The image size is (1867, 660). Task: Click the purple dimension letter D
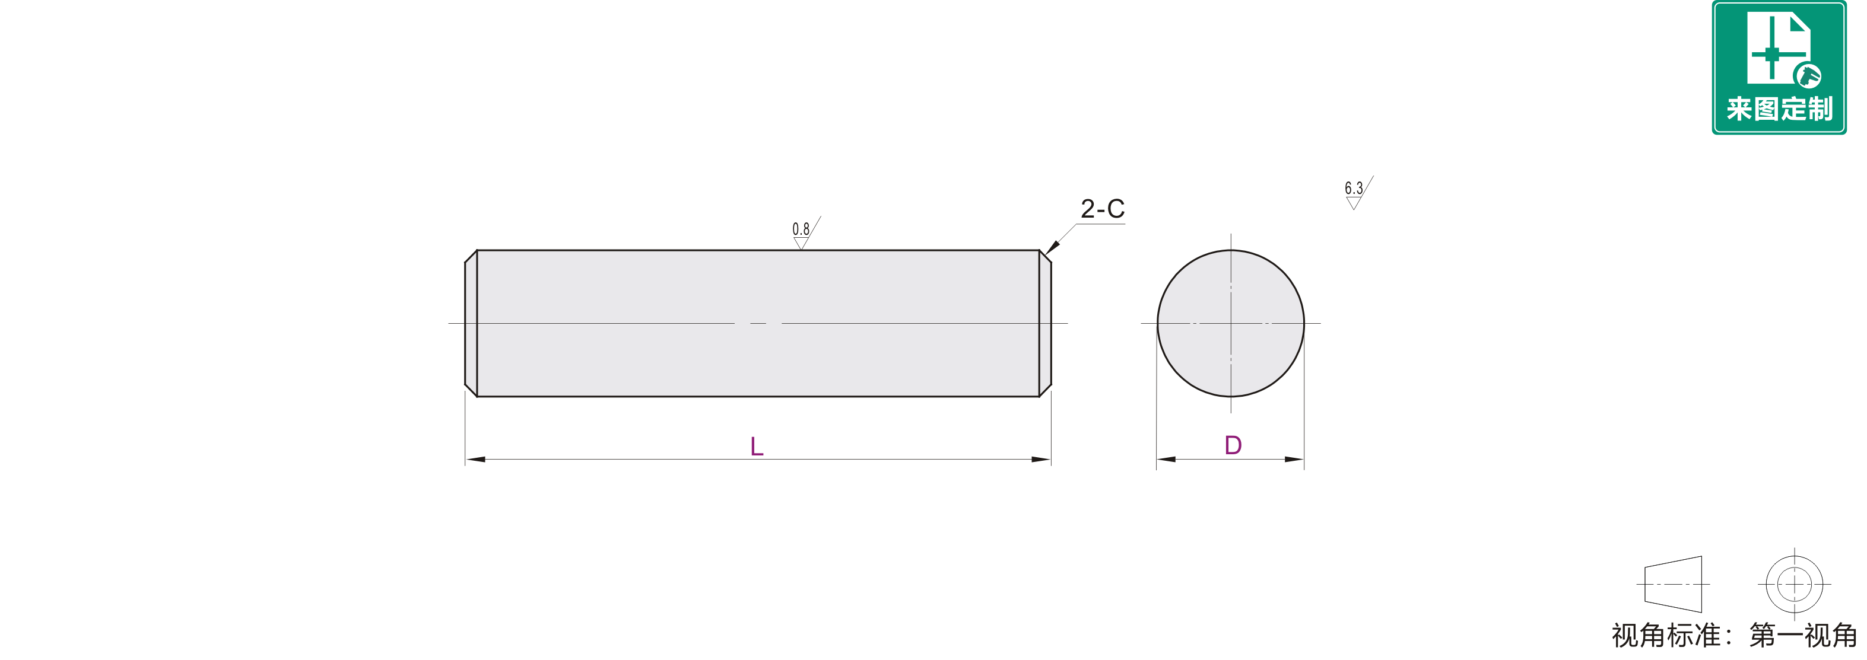coord(1233,445)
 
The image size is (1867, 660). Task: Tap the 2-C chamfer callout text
coord(1103,209)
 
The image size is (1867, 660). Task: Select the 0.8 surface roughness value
coord(801,229)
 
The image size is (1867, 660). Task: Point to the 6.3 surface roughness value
coord(1354,189)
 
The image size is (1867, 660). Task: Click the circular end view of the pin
coord(1231,323)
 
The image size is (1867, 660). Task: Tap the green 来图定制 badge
coord(1779,68)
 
